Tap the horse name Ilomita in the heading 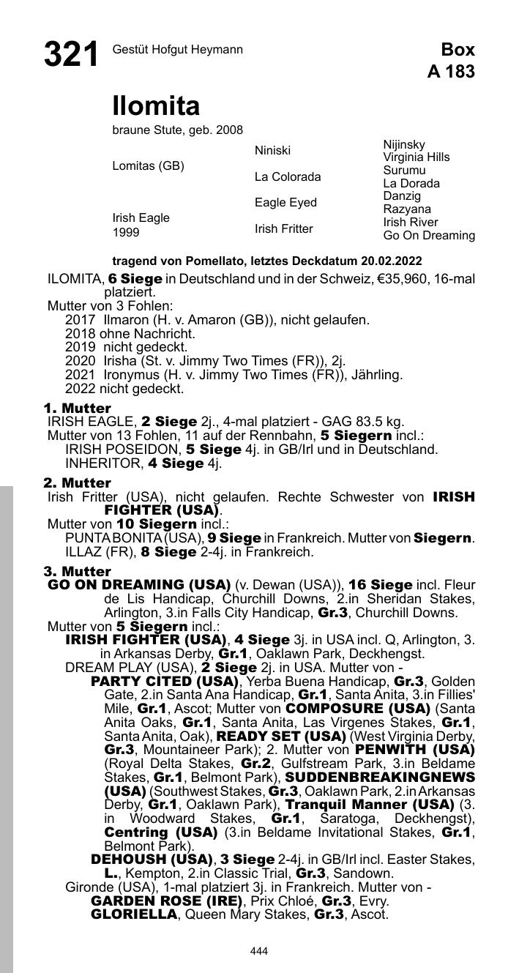tap(156, 107)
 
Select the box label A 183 tap(450, 72)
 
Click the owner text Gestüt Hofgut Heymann tap(178, 50)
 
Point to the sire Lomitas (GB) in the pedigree tap(148, 166)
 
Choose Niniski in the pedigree tap(272, 151)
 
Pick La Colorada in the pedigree tap(288, 177)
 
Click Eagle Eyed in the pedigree tap(285, 203)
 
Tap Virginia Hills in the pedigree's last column tap(417, 157)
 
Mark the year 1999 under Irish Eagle tap(126, 233)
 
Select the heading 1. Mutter tap(78, 408)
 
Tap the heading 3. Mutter tap(78, 571)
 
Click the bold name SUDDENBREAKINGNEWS tap(380, 777)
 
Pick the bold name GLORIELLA tap(134, 914)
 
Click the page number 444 tap(259, 951)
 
